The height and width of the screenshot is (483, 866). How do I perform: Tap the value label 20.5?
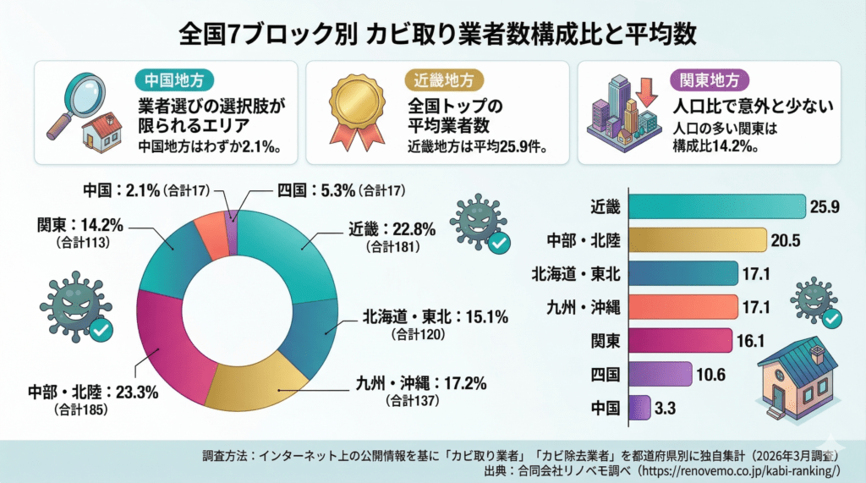coord(786,241)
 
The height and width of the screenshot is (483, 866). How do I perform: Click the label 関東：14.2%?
coord(81,226)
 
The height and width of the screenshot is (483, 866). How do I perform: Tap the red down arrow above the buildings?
coord(649,92)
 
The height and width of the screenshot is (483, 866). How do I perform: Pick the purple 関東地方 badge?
coord(710,80)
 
